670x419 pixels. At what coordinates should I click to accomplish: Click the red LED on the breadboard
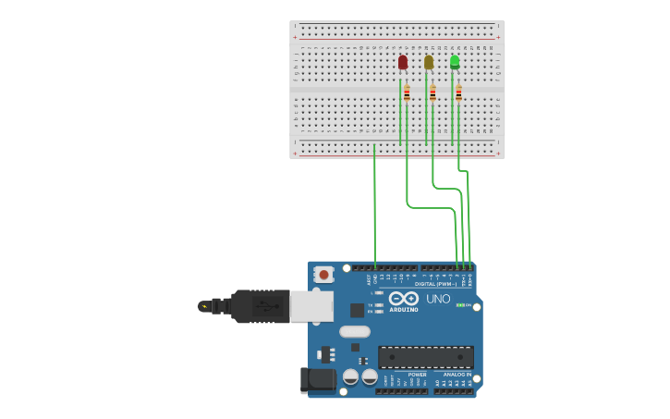pos(402,62)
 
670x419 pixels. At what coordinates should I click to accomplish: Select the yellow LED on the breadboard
pos(428,62)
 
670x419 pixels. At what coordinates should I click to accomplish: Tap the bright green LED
pos(454,62)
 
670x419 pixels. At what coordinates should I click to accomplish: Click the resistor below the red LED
pos(406,92)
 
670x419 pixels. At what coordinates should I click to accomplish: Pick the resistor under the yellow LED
pos(432,92)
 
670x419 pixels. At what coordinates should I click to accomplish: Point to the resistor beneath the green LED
pos(457,92)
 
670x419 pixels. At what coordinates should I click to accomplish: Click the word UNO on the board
pos(438,299)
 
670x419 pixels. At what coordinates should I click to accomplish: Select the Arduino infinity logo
pos(404,299)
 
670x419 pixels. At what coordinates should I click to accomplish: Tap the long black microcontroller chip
pos(426,357)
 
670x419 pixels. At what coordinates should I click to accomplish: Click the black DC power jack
pos(317,379)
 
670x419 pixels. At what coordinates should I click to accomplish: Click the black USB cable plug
pos(259,305)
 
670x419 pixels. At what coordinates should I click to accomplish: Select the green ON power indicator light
pos(460,305)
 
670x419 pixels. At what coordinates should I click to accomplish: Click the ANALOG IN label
pos(452,375)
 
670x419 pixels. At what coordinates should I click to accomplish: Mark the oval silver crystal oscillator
pos(354,331)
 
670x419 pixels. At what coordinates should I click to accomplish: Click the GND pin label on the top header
pos(375,277)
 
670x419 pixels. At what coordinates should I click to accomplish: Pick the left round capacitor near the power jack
pos(351,376)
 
